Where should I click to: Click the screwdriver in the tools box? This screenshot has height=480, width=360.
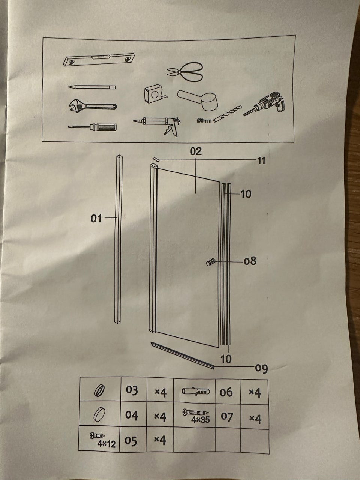pos(92,127)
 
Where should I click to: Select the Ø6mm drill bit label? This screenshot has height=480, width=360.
pos(204,121)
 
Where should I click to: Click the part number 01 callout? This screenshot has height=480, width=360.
pos(96,218)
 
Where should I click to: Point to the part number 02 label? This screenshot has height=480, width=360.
pos(196,151)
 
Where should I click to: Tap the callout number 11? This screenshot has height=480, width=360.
pos(261,161)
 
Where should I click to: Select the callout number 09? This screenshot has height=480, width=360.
pos(261,369)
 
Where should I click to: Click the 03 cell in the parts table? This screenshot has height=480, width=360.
pos(132,390)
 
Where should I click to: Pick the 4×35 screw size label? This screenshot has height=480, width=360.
pos(200,420)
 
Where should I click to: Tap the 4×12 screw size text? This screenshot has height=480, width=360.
pos(106,444)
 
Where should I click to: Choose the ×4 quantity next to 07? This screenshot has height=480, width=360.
pos(255,418)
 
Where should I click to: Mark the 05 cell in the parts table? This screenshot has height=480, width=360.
pos(131,441)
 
